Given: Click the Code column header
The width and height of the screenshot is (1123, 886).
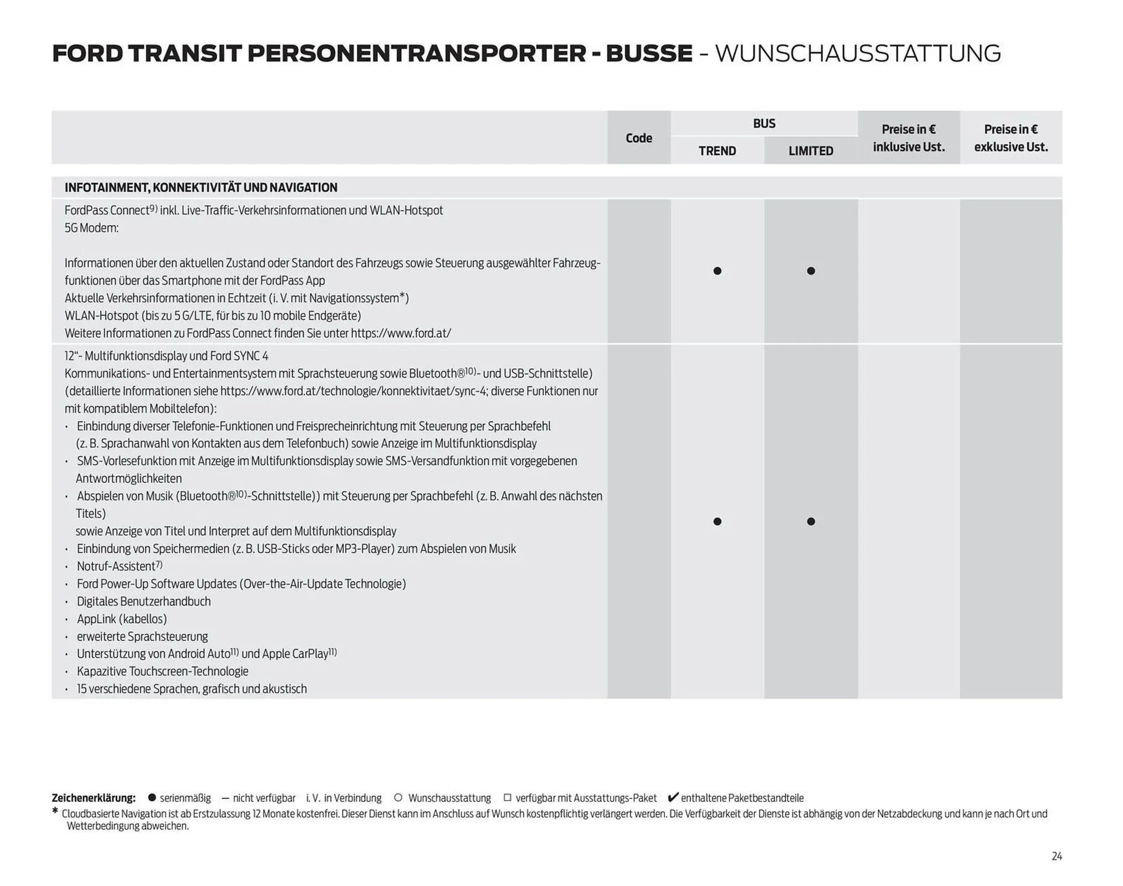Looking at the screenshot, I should click(638, 138).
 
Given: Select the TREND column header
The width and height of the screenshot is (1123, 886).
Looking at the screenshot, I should click(717, 151).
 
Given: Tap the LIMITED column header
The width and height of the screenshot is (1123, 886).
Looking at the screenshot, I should click(811, 151).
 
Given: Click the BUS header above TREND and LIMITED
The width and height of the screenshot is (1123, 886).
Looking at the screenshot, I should click(764, 123).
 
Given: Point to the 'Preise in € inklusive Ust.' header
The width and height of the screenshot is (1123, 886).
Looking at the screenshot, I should click(908, 138).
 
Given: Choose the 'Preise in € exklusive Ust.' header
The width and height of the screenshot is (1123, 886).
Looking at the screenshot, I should click(1011, 138).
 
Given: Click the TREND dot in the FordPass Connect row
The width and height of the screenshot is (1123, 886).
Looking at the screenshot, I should click(717, 271).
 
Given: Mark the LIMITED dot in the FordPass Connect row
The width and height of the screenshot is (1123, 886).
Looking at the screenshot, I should click(811, 271).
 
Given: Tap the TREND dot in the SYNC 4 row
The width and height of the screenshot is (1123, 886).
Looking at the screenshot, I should click(717, 521).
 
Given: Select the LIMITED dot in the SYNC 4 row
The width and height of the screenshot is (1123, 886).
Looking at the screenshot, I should click(811, 521).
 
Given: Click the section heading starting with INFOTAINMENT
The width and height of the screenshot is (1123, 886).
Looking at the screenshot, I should click(201, 188).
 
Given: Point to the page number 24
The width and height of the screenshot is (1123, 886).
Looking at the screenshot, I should click(1056, 856).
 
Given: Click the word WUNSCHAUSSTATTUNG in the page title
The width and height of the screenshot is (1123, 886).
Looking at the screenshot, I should click(857, 54).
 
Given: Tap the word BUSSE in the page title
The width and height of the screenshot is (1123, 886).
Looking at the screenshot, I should click(649, 54).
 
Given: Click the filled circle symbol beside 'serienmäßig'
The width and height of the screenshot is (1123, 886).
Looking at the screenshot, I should click(152, 798).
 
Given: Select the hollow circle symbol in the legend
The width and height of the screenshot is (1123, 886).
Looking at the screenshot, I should click(398, 798).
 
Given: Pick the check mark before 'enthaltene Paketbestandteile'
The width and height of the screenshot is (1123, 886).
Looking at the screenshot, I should click(673, 797).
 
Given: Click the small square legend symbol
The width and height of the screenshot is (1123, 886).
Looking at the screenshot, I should click(507, 798).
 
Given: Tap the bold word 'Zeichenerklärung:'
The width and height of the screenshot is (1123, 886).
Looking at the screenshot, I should click(94, 798).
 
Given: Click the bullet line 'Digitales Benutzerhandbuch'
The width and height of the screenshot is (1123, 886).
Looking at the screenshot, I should click(143, 601).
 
